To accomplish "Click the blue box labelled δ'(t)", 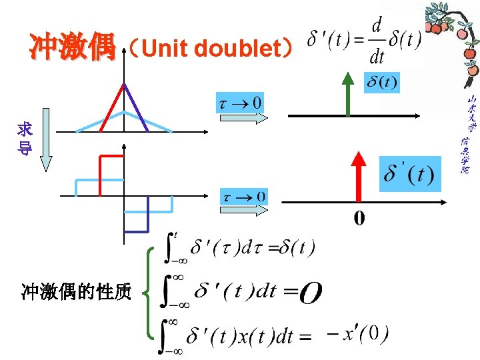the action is click(x=409, y=175).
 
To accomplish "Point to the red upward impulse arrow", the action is click(x=359, y=177).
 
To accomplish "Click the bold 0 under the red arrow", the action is click(x=359, y=218).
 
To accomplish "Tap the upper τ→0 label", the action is click(x=241, y=103).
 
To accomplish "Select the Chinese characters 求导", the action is click(x=25, y=139).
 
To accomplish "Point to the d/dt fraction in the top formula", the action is click(x=377, y=41).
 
